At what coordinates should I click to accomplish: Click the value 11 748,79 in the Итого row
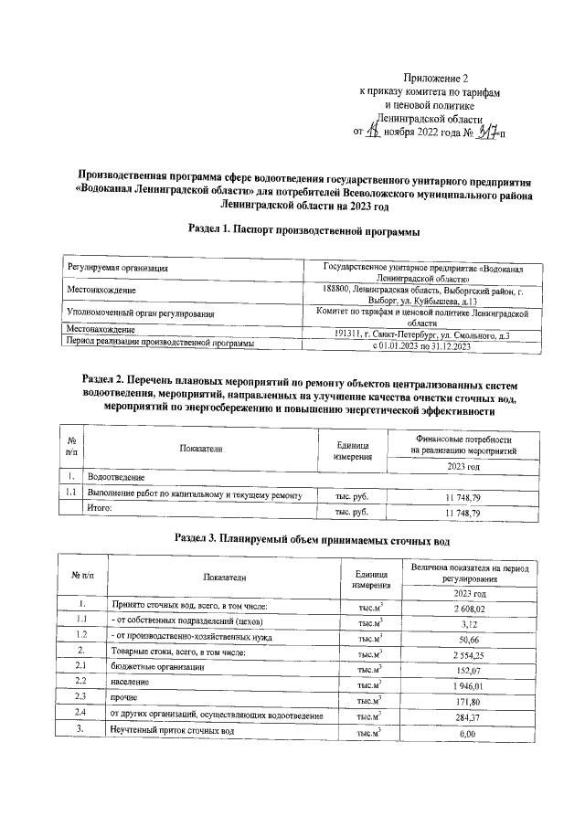point(463,514)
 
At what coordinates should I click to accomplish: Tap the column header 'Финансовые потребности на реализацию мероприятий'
point(463,445)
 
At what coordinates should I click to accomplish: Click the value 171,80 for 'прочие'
point(467,700)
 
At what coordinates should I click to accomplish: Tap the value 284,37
point(467,716)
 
